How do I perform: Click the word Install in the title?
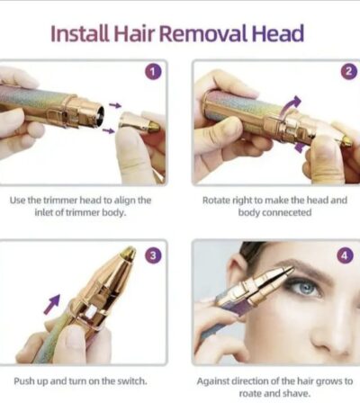[80, 33]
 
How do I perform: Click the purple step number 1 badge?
[153, 72]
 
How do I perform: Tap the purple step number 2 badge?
[349, 72]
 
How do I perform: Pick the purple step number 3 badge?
[153, 255]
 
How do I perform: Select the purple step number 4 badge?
[345, 255]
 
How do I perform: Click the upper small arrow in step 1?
[115, 105]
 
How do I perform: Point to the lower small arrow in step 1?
[108, 130]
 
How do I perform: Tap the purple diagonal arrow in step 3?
[52, 304]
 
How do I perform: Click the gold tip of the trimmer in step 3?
[129, 253]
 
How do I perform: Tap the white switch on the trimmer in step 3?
[90, 313]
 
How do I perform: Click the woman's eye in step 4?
[303, 286]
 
